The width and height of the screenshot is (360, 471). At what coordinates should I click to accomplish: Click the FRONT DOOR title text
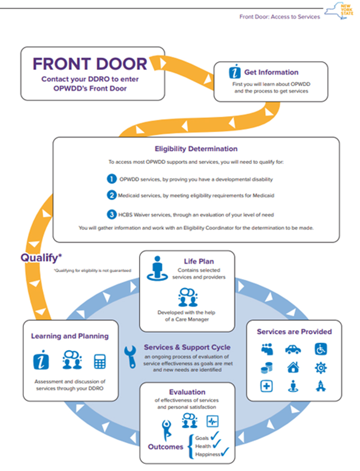click(90, 64)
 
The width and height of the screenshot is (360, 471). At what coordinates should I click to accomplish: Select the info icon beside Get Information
click(235, 72)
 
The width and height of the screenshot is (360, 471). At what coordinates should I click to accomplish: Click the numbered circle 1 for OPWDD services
click(112, 179)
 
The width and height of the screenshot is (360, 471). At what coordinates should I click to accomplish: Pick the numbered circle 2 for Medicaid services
click(112, 195)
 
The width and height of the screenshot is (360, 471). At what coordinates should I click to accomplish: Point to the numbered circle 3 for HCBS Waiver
click(112, 215)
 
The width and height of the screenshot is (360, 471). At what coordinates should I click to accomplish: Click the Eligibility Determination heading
click(196, 149)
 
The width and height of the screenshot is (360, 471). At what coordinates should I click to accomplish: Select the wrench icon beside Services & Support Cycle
click(130, 357)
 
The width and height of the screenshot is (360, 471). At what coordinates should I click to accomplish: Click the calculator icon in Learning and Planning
click(100, 361)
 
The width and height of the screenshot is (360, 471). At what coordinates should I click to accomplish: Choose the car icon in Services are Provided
click(293, 350)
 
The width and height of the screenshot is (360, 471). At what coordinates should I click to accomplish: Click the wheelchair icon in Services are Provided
click(321, 349)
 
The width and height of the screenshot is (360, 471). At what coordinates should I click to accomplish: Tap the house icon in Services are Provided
click(293, 368)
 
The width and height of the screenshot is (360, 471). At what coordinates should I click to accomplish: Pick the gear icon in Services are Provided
click(321, 368)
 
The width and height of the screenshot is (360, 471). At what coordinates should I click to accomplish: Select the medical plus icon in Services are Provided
click(266, 386)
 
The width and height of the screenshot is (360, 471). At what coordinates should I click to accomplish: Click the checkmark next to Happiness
click(225, 452)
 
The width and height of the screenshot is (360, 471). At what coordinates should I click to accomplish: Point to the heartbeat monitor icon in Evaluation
click(212, 421)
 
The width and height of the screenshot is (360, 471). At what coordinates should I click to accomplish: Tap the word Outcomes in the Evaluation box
click(166, 447)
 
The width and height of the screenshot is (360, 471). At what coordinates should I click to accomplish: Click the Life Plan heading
click(199, 261)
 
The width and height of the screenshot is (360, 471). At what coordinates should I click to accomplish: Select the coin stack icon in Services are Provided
click(266, 368)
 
